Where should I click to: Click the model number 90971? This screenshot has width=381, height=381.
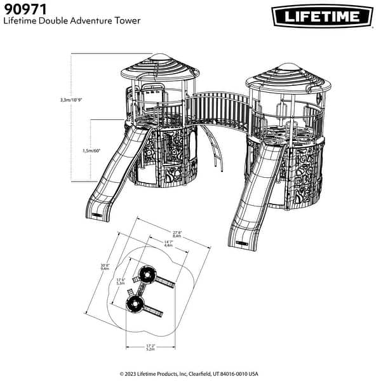[x=25, y=9]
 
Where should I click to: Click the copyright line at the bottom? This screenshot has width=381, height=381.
[x=189, y=374]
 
